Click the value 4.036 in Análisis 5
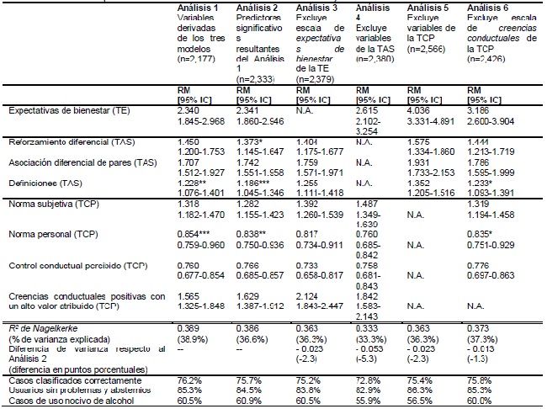click(x=419, y=109)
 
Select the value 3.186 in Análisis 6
click(x=478, y=109)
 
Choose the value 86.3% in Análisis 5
click(x=420, y=390)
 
